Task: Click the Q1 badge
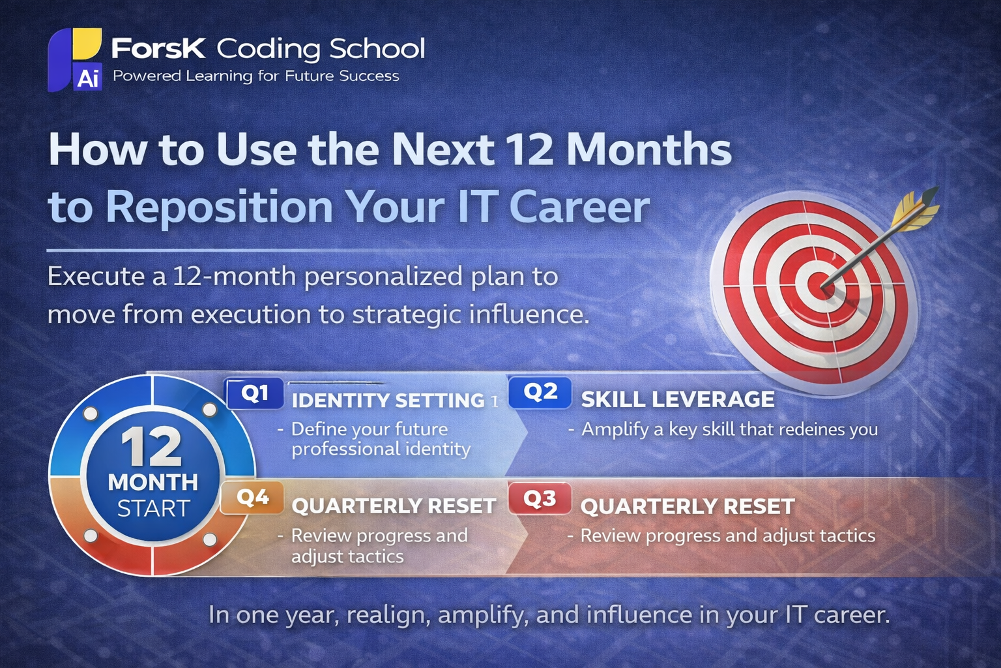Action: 255,393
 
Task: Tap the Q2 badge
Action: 540,392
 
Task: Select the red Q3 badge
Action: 540,499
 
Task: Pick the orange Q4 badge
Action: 253,498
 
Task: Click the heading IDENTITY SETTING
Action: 388,401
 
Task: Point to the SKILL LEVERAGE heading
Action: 678,399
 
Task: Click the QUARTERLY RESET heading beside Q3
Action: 688,506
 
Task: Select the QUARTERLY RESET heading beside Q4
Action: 394,506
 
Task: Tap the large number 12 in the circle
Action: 151,447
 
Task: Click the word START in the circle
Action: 153,508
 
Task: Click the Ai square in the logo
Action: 87,78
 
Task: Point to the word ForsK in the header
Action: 158,48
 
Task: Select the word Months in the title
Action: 648,149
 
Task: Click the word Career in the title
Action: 579,207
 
